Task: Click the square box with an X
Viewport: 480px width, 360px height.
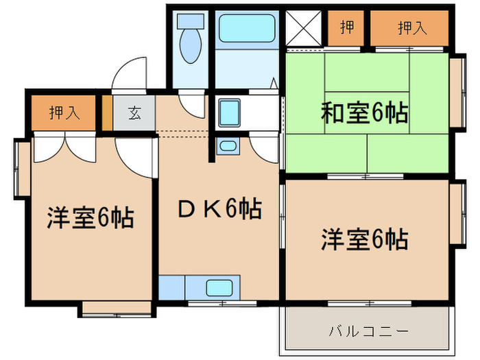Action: click(303, 28)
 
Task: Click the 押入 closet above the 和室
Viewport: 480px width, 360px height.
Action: click(411, 28)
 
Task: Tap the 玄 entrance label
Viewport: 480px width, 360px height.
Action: click(134, 113)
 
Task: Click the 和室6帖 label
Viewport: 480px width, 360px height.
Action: click(364, 112)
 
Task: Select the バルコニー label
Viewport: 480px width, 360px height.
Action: click(368, 331)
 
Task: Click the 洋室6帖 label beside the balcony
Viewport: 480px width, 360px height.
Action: click(364, 239)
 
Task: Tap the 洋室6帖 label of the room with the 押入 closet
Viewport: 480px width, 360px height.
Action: click(90, 218)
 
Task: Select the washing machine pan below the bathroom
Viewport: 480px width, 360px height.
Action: click(229, 112)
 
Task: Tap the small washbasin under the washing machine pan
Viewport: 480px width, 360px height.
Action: click(227, 145)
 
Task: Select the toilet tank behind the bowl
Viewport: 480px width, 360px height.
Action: click(189, 21)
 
